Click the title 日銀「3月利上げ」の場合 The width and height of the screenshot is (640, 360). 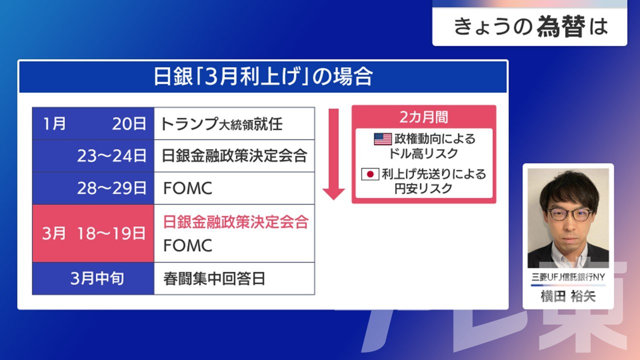(263, 76)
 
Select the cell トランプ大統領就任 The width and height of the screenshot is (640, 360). (234, 123)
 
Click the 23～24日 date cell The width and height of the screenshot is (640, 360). (93, 156)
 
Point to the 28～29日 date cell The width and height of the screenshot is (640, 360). (93, 188)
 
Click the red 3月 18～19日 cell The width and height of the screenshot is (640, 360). (93, 233)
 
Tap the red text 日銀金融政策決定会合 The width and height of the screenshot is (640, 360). (235, 221)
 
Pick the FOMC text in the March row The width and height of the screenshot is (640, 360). (187, 245)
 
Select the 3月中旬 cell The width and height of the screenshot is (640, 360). (93, 278)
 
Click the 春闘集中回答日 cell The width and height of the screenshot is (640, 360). (234, 278)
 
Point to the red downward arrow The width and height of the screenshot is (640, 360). (333, 154)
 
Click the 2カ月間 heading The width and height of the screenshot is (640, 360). (423, 117)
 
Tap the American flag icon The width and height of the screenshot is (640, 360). (383, 139)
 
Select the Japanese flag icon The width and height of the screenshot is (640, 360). (370, 174)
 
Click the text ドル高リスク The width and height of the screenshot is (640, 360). (423, 153)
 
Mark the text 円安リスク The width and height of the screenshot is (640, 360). (423, 188)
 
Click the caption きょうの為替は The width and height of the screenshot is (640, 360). (531, 26)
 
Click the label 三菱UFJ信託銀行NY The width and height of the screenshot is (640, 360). (568, 277)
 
